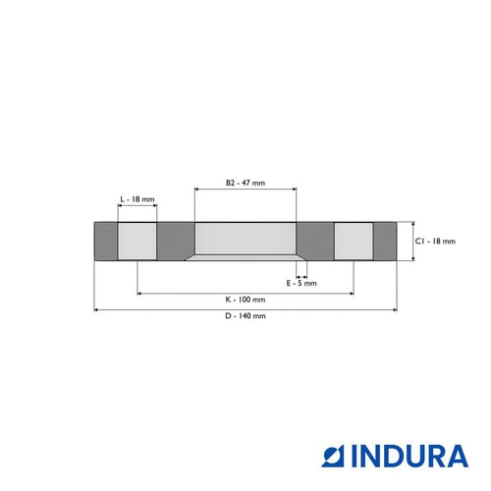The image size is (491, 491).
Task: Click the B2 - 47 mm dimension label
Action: click(245, 183)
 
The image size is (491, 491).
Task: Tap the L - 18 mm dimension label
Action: click(137, 199)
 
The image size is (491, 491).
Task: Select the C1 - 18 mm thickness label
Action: click(435, 242)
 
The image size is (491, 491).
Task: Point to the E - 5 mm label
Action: click(301, 283)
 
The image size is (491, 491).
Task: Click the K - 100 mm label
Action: click(245, 300)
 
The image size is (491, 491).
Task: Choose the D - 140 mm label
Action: click(245, 316)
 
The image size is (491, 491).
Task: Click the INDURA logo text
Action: click(409, 456)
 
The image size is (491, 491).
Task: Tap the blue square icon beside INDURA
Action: click(333, 456)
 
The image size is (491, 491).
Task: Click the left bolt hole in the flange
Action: click(137, 242)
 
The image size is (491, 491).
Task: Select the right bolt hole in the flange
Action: click(354, 242)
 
